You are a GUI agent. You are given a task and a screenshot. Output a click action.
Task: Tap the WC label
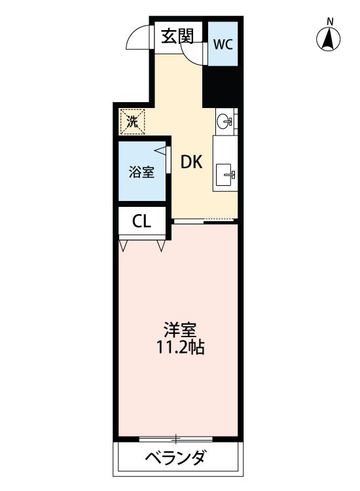pos(223,45)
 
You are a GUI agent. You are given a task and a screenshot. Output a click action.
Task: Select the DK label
pos(191,162)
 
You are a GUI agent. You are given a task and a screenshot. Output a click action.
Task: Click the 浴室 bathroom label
pos(141,173)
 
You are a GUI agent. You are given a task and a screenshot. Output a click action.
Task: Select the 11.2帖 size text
pos(181,348)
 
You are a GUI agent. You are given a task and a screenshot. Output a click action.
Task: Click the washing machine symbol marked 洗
pos(132,121)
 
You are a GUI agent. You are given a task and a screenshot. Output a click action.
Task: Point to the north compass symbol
pos(330,40)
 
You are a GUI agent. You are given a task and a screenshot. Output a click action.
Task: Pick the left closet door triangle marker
pos(124,246)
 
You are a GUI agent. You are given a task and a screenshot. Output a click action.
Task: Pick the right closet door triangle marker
pos(161,246)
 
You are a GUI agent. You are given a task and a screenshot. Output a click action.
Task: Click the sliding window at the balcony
pos(175,438)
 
